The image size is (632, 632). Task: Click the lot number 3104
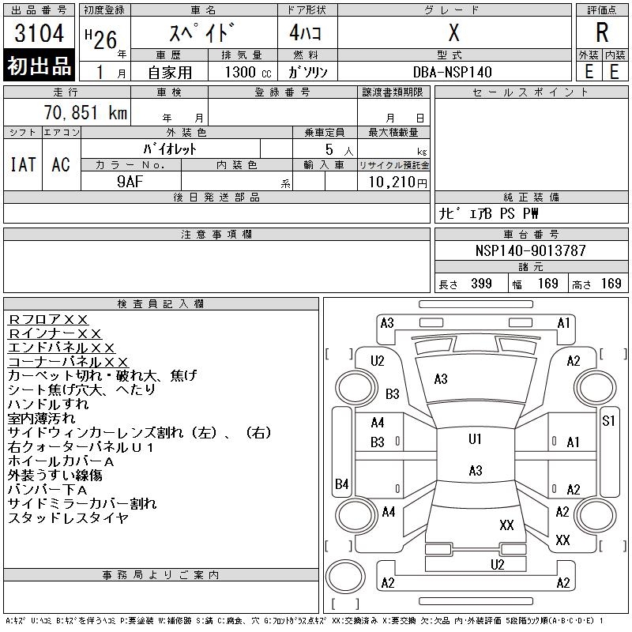tap(39, 33)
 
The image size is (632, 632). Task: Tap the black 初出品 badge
tap(39, 66)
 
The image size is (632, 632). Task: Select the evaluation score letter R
tap(602, 32)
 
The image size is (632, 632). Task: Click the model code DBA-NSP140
tap(452, 72)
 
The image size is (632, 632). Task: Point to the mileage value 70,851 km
tap(85, 112)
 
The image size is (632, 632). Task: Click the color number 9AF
tap(130, 182)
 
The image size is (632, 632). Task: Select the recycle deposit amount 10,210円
tap(397, 182)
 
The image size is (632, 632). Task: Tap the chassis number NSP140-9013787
tap(530, 250)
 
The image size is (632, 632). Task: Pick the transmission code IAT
tap(23, 164)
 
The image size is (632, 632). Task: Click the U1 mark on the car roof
tap(475, 438)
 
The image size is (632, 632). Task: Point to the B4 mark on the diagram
tap(341, 483)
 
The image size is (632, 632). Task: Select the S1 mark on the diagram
tap(608, 421)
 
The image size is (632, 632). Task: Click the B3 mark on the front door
tap(378, 442)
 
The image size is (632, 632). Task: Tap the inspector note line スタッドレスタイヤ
tap(68, 517)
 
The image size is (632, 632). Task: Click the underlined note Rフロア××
tap(48, 320)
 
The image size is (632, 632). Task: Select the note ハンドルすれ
tap(48, 404)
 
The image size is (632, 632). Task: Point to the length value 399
tap(481, 284)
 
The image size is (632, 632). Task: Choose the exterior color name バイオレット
tap(170, 149)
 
